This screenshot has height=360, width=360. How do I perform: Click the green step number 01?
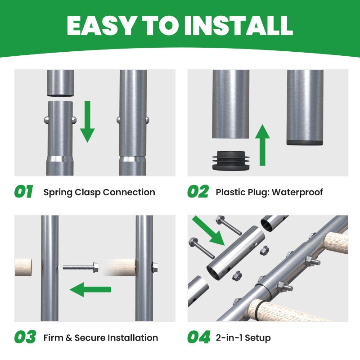(x=24, y=191)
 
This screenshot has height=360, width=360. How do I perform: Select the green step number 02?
(x=198, y=191)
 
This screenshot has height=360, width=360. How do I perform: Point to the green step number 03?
(x=25, y=337)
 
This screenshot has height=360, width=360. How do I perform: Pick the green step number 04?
(x=199, y=337)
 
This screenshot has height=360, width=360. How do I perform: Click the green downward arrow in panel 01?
(x=87, y=121)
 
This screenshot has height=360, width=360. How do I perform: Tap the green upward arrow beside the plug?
(x=262, y=145)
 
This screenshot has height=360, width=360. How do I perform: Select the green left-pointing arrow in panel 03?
(x=90, y=289)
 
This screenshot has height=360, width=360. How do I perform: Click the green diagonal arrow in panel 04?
(x=208, y=230)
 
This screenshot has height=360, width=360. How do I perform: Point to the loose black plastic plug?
(x=230, y=161)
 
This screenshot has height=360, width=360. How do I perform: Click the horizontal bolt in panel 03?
(x=81, y=267)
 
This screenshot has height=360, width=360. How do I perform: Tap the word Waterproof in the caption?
(x=297, y=192)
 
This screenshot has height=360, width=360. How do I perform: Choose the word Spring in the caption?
(x=58, y=193)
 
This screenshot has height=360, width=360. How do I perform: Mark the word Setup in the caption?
(x=258, y=338)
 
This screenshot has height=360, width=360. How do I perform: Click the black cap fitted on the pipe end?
(x=305, y=143)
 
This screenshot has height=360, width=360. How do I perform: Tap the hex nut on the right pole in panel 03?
(x=155, y=267)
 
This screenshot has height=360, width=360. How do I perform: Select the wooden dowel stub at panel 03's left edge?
(x=23, y=267)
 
